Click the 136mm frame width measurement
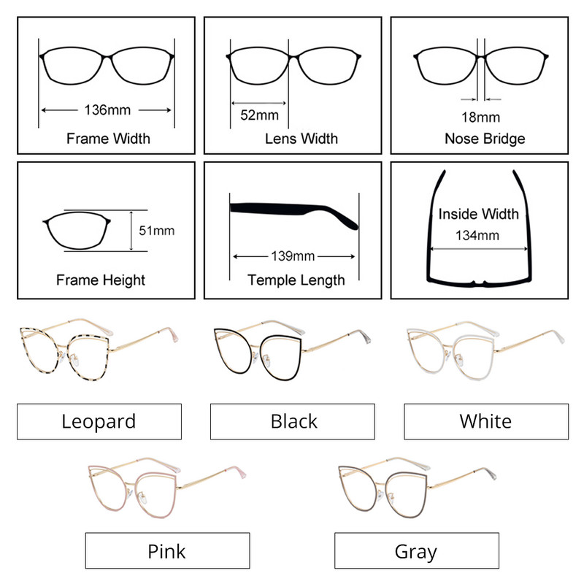(x=108, y=110)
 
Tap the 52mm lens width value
(x=259, y=115)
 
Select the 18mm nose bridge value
(x=480, y=117)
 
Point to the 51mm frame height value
(x=156, y=231)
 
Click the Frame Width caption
(x=108, y=138)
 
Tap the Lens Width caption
(x=301, y=138)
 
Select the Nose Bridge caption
(x=484, y=138)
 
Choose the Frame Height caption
(x=100, y=280)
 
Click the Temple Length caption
(x=296, y=280)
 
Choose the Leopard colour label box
(x=99, y=421)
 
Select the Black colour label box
(x=293, y=421)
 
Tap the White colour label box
(x=485, y=421)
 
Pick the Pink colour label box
(x=167, y=550)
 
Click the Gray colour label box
(x=416, y=550)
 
